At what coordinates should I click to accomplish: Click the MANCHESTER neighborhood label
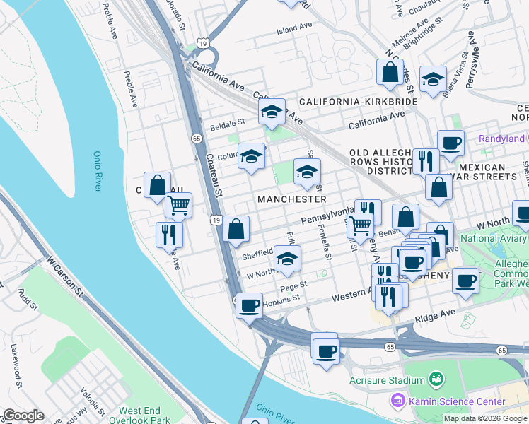click(291, 199)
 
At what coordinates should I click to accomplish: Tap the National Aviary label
click(494, 238)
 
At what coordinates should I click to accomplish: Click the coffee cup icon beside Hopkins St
click(249, 306)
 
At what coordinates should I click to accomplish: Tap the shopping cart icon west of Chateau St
click(178, 205)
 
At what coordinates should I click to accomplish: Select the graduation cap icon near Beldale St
click(272, 112)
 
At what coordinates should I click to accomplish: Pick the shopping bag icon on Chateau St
click(236, 229)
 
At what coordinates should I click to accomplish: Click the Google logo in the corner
click(23, 416)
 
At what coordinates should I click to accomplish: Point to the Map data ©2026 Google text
click(485, 418)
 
